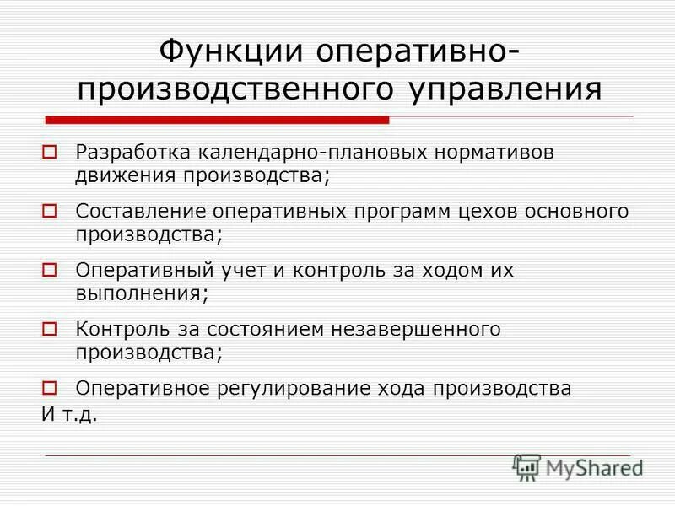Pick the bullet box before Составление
(x=49, y=211)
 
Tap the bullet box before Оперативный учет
(x=49, y=271)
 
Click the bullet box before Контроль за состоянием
(x=49, y=330)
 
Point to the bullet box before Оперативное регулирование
(x=49, y=388)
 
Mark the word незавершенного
(x=418, y=330)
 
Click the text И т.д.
(x=70, y=415)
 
